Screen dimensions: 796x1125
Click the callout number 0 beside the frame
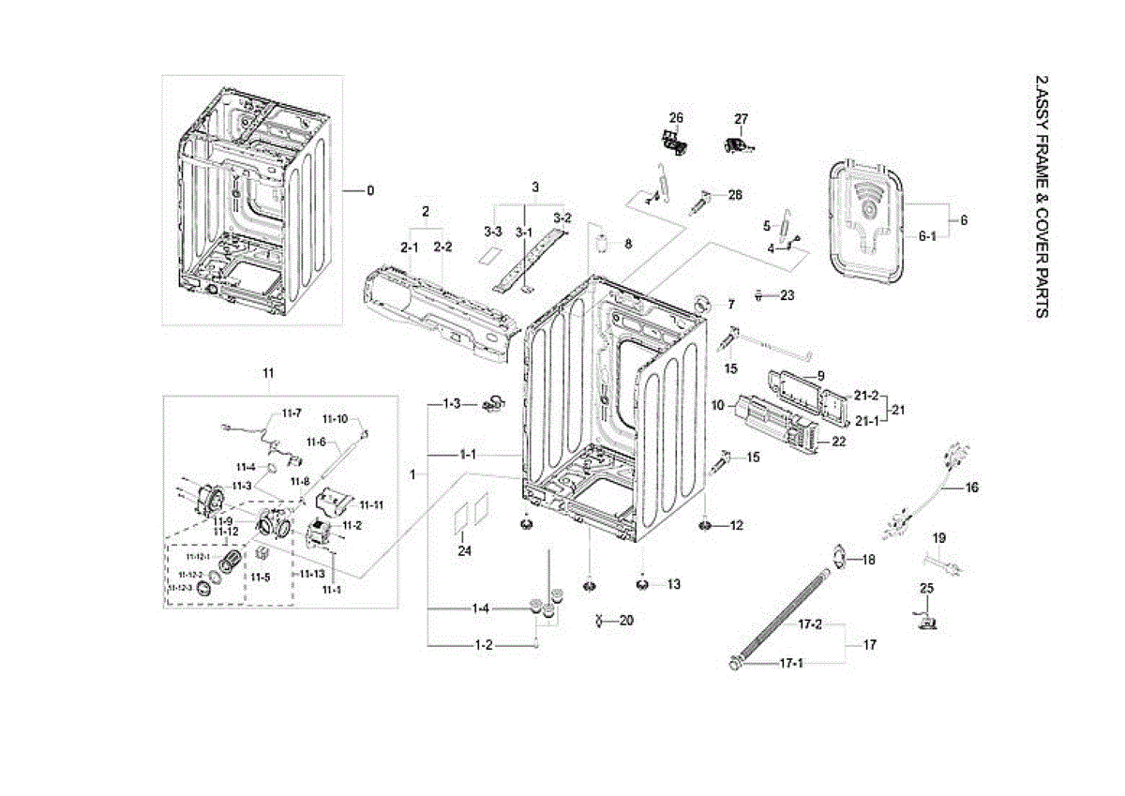point(370,190)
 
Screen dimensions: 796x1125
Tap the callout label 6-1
point(927,236)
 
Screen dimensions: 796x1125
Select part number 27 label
point(742,118)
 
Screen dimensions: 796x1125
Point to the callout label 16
point(971,488)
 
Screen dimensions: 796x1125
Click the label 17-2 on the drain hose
point(810,624)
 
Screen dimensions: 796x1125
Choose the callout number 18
point(868,560)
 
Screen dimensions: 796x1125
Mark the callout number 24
point(464,550)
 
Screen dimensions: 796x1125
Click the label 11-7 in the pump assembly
point(292,413)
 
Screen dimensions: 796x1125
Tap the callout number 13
point(673,584)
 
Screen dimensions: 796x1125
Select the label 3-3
point(493,231)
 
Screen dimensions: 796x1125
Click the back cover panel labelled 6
point(868,218)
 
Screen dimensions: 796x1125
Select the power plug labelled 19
point(944,567)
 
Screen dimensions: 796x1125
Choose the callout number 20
point(626,621)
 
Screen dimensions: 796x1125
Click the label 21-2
point(866,395)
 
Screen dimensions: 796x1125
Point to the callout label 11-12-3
point(179,589)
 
